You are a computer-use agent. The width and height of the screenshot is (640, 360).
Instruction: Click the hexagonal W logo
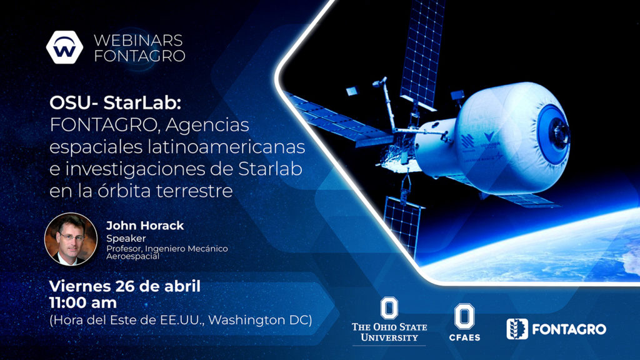pos(64,47)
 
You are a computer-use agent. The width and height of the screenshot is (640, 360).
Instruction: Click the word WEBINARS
pos(138,41)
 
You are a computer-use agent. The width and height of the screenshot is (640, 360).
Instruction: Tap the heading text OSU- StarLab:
pos(115,102)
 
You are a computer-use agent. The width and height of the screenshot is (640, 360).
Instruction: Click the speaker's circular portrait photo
pos(71,239)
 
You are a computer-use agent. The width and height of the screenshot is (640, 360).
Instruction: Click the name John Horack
pos(145,225)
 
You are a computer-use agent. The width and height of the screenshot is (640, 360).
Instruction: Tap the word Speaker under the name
pos(126,238)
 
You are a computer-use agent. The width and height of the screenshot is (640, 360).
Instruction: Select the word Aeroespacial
pos(132,256)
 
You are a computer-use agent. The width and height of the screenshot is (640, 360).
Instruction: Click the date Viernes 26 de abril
pos(125,286)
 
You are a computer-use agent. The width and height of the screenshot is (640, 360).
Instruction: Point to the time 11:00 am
pos(83,303)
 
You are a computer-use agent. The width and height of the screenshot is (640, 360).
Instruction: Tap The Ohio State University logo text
pos(389,332)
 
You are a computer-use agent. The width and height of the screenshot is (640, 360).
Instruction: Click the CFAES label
pos(464,337)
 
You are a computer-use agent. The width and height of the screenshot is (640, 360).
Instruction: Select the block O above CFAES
pos(464,316)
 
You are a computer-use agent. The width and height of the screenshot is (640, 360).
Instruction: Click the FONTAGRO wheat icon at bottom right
pos(517,329)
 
